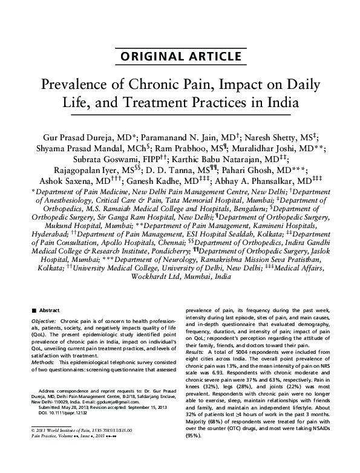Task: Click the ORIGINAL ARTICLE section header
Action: point(180,57)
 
